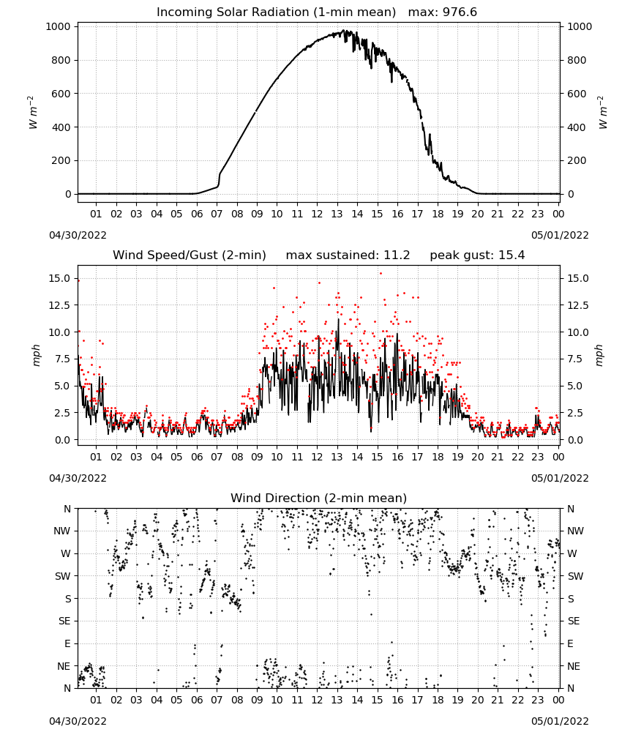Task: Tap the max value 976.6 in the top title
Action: pos(460,12)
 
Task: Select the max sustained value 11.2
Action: pos(397,255)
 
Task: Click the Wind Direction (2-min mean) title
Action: pos(319,498)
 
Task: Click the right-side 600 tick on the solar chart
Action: pos(577,94)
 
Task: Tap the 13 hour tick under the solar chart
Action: pos(337,214)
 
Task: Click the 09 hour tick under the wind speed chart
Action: pos(257,457)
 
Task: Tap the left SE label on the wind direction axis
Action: pos(65,621)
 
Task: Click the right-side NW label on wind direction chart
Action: pos(575,531)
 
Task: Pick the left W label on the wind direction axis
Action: pos(67,553)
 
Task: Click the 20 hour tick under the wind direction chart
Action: pos(477,700)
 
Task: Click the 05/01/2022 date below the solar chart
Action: pos(560,235)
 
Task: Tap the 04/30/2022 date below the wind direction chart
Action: pos(78,721)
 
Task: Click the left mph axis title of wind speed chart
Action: pos(36,355)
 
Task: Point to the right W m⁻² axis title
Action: pos(602,113)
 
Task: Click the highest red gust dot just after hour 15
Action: pos(381,274)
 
